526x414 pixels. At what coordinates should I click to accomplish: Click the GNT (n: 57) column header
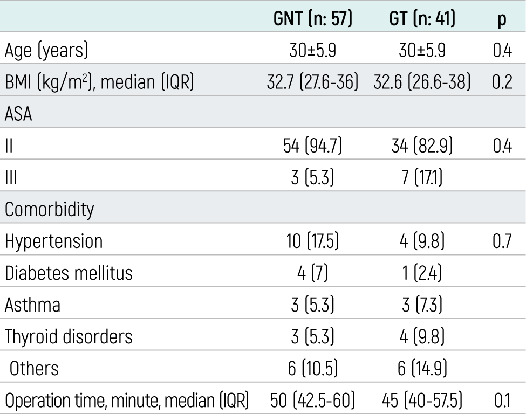click(x=313, y=18)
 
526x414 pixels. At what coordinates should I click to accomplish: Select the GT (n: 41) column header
click(x=422, y=18)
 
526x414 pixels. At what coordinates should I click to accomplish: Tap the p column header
click(x=502, y=20)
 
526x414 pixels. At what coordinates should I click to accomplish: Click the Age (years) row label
click(x=46, y=50)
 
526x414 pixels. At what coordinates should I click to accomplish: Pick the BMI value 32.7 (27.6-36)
click(x=313, y=82)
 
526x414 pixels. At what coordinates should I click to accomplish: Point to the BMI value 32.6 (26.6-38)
click(x=422, y=82)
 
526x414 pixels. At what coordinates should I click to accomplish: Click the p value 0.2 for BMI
click(x=502, y=82)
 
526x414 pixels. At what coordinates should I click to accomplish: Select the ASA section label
click(x=18, y=114)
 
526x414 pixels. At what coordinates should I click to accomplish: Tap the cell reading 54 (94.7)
click(x=313, y=146)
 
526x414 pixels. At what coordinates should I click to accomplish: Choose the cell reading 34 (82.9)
click(x=422, y=146)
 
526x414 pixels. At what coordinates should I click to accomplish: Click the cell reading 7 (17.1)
click(x=422, y=177)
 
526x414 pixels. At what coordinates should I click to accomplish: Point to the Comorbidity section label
click(x=49, y=210)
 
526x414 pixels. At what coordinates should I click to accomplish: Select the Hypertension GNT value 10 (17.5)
click(x=313, y=241)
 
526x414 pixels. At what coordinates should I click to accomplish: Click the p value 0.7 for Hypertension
click(x=502, y=241)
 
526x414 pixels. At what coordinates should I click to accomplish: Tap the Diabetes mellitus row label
click(x=69, y=273)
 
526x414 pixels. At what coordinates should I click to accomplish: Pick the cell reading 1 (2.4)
click(x=422, y=273)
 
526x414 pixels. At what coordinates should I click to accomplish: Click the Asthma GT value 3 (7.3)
click(x=422, y=305)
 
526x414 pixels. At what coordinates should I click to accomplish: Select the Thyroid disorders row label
click(x=69, y=336)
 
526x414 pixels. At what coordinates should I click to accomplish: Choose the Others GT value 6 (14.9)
click(x=422, y=368)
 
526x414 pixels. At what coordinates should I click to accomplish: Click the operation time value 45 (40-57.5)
click(x=422, y=401)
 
